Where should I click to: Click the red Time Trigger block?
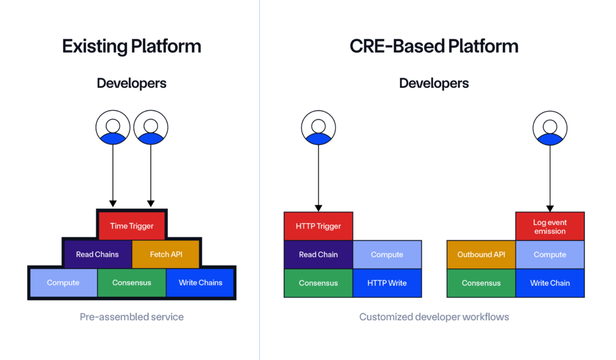click(x=132, y=226)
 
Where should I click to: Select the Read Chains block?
click(x=97, y=254)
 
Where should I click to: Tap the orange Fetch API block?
click(x=166, y=254)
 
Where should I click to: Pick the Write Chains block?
click(x=200, y=282)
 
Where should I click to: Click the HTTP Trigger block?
click(x=318, y=226)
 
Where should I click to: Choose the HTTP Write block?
click(x=387, y=283)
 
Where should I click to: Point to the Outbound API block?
click(x=481, y=255)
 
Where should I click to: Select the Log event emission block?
click(x=550, y=226)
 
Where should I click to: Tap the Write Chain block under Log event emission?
click(x=550, y=283)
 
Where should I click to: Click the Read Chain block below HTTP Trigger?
click(x=318, y=255)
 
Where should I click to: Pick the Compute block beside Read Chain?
click(x=387, y=255)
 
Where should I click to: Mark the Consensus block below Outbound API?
click(x=481, y=283)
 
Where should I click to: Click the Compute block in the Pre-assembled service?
click(x=63, y=282)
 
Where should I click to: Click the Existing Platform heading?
click(x=132, y=46)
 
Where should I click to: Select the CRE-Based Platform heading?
click(x=434, y=46)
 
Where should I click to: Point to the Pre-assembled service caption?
click(x=132, y=317)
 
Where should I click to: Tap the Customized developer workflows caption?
click(x=434, y=317)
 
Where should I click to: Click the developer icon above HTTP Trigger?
click(x=318, y=127)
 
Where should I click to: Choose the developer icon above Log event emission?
click(x=550, y=127)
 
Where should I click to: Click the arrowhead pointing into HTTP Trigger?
click(x=318, y=208)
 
